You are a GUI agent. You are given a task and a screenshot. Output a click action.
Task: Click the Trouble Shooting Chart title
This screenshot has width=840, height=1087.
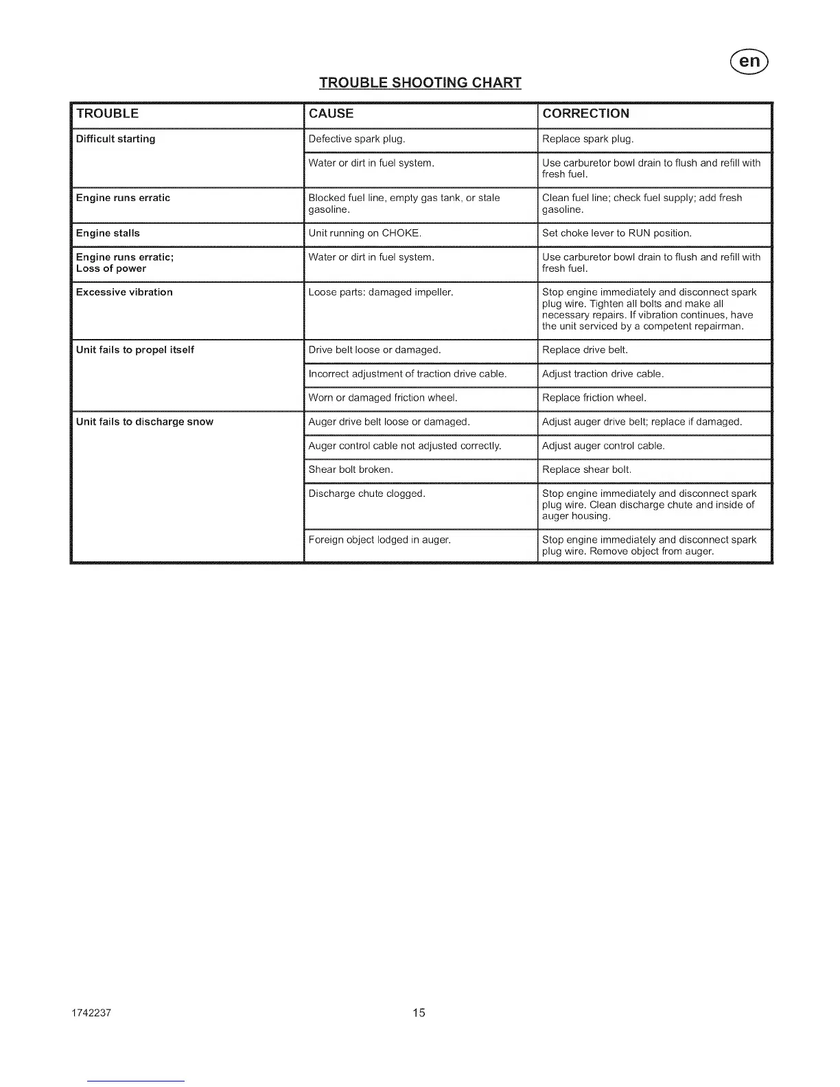click(x=420, y=83)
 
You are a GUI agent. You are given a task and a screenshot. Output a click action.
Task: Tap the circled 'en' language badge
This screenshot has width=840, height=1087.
click(x=750, y=62)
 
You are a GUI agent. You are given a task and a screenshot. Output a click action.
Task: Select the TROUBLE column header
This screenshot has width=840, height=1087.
click(x=107, y=114)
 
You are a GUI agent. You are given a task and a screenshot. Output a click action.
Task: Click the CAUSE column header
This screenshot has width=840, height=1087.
click(x=331, y=114)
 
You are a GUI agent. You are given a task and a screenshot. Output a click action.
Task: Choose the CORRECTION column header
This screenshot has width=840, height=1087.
click(x=585, y=114)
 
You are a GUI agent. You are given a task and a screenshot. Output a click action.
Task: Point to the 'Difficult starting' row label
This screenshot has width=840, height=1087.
click(x=115, y=139)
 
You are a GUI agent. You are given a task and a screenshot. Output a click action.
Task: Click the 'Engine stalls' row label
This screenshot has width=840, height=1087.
click(x=108, y=233)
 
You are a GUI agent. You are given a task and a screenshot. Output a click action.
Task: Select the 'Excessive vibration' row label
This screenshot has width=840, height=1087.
click(x=124, y=292)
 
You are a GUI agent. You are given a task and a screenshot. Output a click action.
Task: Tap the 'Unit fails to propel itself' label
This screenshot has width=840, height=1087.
click(x=135, y=350)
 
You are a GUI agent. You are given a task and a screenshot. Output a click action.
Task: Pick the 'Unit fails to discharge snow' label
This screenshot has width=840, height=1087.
click(x=145, y=422)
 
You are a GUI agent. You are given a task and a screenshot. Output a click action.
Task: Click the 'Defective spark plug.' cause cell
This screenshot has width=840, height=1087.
click(x=357, y=139)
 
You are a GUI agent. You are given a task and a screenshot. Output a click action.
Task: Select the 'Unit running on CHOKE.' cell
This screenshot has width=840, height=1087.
click(x=365, y=233)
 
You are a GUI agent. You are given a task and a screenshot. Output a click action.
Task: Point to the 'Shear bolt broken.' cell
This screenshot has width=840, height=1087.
click(x=351, y=470)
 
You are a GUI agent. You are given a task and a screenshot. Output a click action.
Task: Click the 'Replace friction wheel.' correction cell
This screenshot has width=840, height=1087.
click(x=594, y=398)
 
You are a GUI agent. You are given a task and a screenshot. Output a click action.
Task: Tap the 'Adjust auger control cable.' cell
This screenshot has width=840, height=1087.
click(x=603, y=446)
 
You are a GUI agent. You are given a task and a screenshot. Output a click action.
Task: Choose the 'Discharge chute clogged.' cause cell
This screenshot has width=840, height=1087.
click(x=367, y=494)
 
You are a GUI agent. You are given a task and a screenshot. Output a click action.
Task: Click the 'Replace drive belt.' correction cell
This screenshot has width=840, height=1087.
click(x=585, y=350)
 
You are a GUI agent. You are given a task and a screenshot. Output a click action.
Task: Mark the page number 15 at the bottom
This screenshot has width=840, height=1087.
click(x=419, y=1013)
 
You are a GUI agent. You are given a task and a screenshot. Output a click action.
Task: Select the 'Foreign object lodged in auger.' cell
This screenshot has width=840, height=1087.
click(x=380, y=540)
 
